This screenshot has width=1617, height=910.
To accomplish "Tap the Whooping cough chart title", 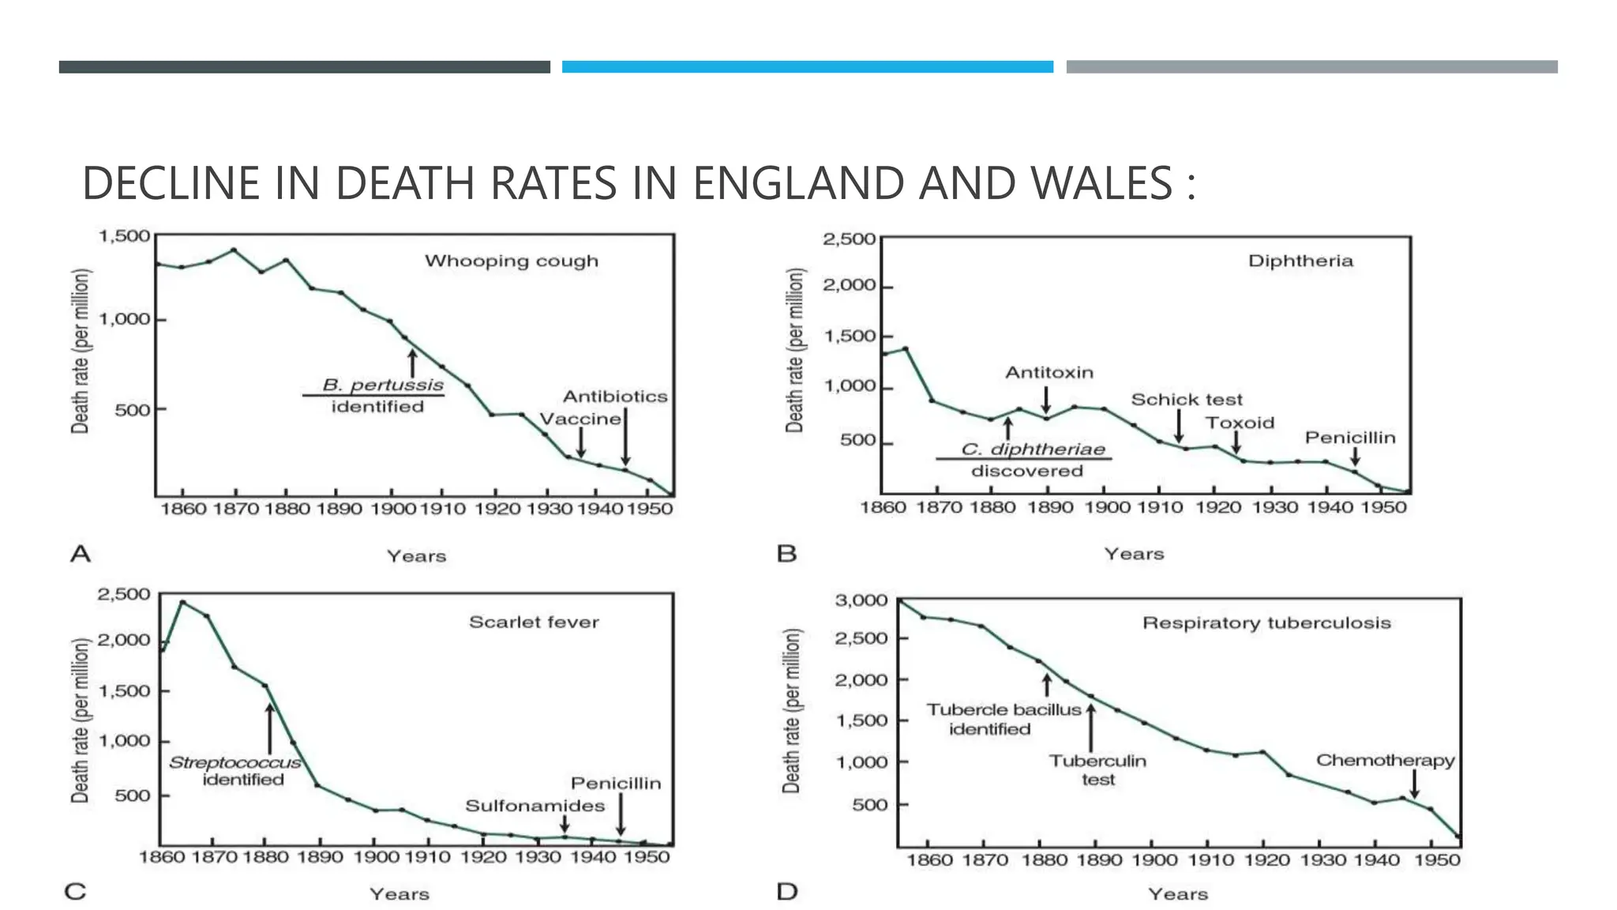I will (x=512, y=261).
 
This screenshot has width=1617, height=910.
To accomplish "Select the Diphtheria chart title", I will (x=1300, y=261).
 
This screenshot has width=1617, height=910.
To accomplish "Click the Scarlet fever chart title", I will (x=534, y=622).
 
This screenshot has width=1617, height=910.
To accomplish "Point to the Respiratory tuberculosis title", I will (x=1266, y=623).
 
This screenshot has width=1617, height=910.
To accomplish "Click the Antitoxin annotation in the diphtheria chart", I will (x=1049, y=373).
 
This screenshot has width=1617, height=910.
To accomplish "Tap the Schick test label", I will (x=1186, y=400).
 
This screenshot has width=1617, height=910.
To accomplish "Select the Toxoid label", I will (x=1240, y=423).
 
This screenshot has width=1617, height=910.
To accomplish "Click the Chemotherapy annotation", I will (x=1385, y=761).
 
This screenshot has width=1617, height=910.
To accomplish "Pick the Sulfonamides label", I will (x=535, y=806).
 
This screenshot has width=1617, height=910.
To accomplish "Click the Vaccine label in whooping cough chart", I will (x=580, y=419).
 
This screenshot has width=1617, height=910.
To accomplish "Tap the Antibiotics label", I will (x=614, y=397).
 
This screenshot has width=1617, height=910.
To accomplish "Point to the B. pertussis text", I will (x=383, y=385).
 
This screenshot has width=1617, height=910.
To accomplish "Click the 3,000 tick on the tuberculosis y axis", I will (x=861, y=600).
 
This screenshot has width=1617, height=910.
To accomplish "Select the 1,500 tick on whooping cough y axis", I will (x=124, y=235).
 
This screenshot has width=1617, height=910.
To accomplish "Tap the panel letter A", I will (x=81, y=554).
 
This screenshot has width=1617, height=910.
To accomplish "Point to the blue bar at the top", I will (x=807, y=67).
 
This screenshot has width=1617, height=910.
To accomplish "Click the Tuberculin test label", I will (x=1097, y=770).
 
